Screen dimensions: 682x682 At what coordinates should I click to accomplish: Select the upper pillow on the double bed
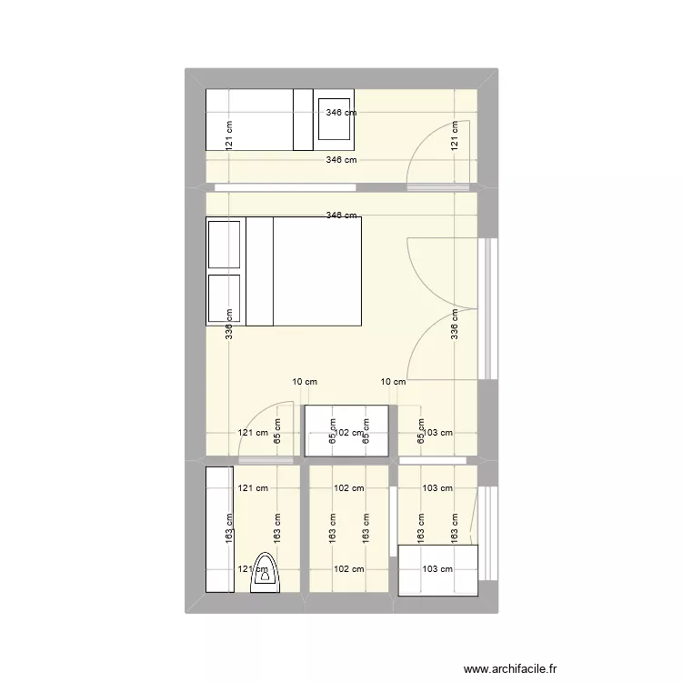pos(226,244)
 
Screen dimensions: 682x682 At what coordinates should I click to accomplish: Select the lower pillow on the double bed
pos(226,298)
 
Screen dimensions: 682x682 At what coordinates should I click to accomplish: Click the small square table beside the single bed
pos(334,119)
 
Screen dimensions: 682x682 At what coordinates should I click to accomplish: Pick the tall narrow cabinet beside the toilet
pos(218,528)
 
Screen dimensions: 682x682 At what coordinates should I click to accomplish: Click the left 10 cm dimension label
pos(304,383)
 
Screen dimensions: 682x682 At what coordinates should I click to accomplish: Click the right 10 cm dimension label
pos(393,383)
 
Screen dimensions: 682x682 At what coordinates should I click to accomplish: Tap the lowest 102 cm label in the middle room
pos(348,570)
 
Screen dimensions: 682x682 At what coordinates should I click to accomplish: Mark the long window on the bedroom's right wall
pos(489,308)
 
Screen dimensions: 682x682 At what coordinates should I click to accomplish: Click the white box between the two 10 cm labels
pos(348,430)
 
